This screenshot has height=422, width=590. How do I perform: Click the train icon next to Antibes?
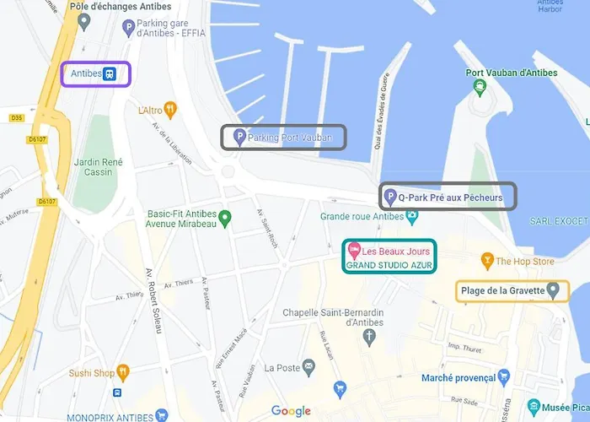point(110,73)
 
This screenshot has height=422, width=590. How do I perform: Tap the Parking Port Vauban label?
point(296,137)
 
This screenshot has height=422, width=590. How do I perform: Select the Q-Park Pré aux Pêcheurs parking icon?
point(389,197)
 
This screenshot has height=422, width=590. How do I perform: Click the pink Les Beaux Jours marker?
point(355,250)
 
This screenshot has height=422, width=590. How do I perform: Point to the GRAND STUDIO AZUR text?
point(388,265)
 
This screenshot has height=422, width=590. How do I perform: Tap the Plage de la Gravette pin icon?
point(553,291)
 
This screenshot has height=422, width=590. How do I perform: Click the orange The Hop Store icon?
point(486,261)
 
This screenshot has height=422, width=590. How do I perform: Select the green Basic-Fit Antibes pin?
point(224,219)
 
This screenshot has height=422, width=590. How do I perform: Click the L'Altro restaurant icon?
point(170,109)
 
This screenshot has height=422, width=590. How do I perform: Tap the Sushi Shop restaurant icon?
point(124,372)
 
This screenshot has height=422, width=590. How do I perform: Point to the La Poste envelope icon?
point(309,367)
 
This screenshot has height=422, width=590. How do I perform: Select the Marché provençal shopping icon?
point(504,376)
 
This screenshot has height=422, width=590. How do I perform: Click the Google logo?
point(291,411)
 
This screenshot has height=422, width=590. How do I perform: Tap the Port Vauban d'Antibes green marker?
point(479,87)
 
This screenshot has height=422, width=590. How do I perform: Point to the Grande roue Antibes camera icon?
point(412,216)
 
